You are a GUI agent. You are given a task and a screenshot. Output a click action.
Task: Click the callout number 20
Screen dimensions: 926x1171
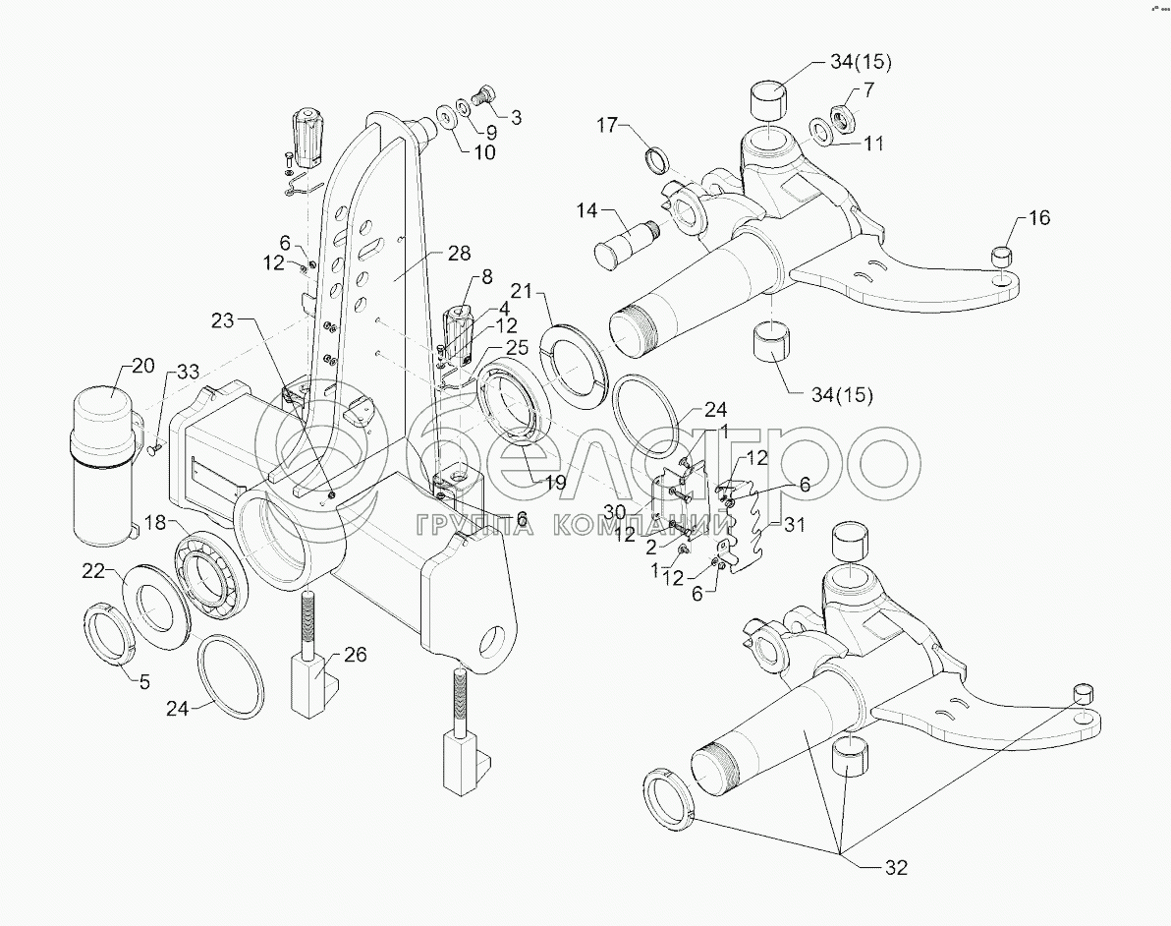[141, 367]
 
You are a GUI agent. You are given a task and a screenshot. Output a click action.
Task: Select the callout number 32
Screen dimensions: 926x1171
[896, 868]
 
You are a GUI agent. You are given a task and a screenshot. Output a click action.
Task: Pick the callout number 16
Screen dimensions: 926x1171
[1038, 218]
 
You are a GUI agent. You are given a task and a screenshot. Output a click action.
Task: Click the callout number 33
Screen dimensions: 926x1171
[188, 372]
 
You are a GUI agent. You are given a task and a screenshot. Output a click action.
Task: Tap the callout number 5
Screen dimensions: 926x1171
[143, 679]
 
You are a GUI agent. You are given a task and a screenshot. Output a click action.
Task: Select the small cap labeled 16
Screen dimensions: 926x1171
[1000, 258]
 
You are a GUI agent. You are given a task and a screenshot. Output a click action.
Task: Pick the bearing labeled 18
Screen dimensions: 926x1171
[209, 575]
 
